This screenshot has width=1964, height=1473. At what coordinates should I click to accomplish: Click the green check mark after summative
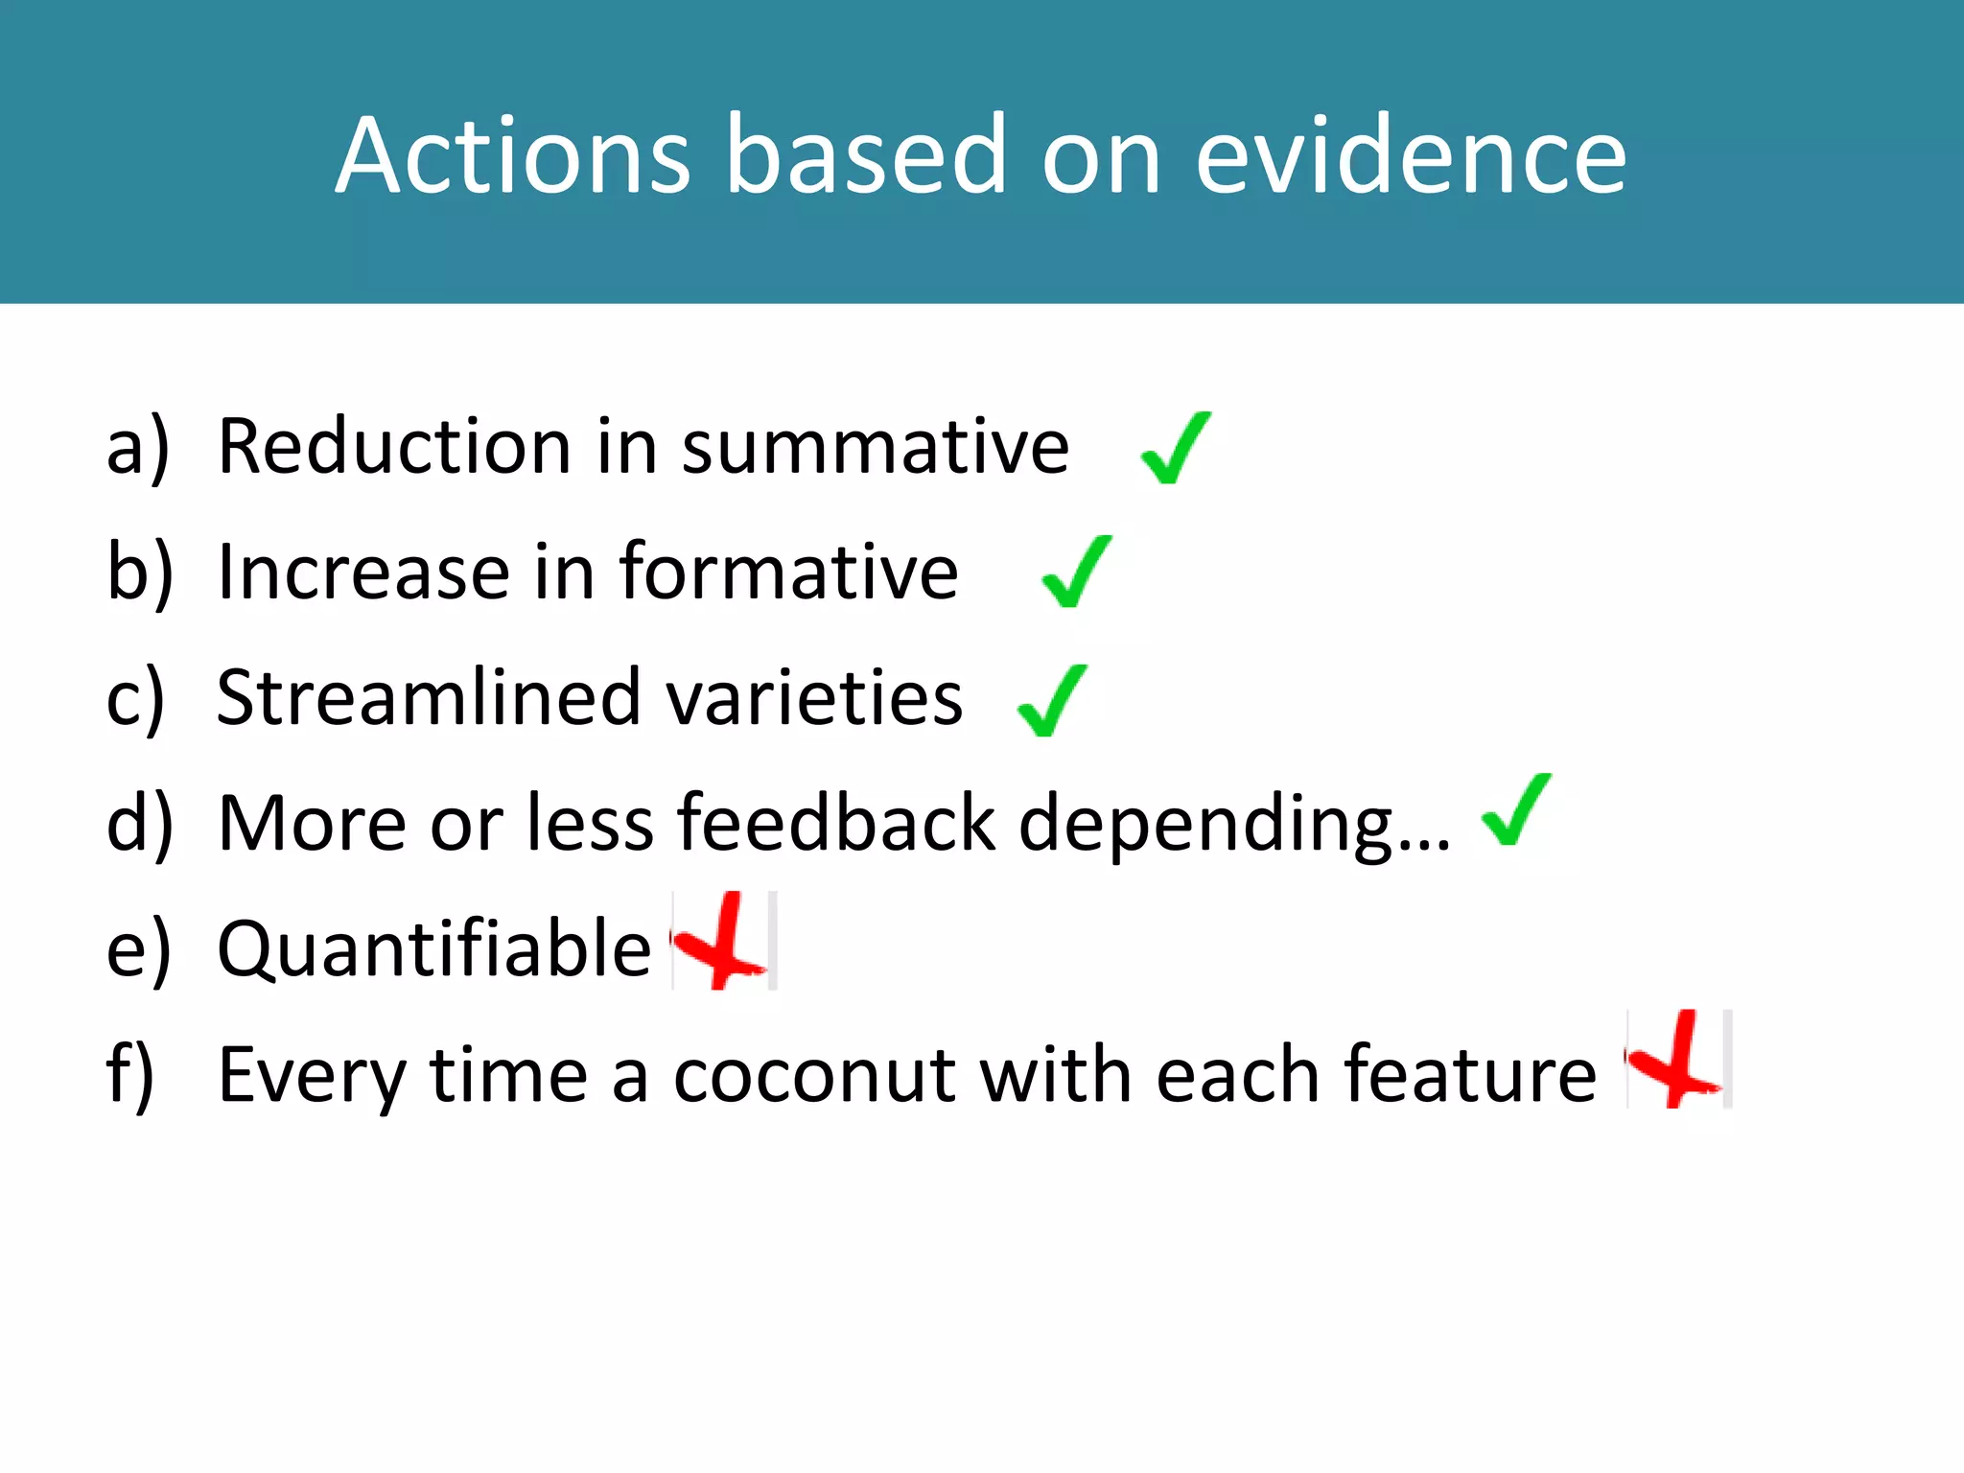(x=1176, y=449)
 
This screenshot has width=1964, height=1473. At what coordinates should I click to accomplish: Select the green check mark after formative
(x=1076, y=573)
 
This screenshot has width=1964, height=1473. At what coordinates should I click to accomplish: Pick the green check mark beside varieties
(x=1052, y=701)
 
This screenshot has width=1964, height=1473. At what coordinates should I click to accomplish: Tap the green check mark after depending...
(x=1516, y=810)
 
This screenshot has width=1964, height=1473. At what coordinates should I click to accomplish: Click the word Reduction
(x=394, y=447)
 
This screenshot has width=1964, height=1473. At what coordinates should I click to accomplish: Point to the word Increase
(x=362, y=573)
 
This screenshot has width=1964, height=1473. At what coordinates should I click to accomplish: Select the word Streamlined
(x=429, y=698)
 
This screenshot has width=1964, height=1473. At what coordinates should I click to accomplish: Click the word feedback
(x=836, y=823)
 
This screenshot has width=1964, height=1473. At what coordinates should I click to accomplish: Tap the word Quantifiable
(x=434, y=949)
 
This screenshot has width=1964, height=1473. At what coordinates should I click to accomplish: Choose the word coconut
(x=814, y=1075)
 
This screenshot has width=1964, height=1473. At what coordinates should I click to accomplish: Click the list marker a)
(x=137, y=449)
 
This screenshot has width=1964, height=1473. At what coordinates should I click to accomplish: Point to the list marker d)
(x=139, y=823)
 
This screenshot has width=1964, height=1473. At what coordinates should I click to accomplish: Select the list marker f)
(x=130, y=1075)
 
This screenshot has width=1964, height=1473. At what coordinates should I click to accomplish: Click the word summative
(x=875, y=449)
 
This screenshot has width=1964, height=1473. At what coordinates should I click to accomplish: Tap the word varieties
(x=813, y=698)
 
